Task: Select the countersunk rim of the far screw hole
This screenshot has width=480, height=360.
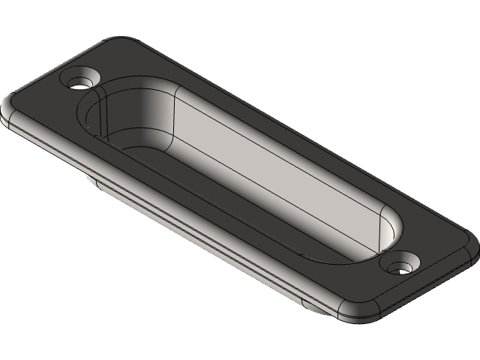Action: click(x=88, y=75)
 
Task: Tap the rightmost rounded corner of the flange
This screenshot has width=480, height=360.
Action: click(x=472, y=244)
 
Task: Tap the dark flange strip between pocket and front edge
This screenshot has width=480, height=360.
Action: click(x=187, y=199)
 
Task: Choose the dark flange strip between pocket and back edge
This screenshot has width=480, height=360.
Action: click(x=300, y=142)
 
